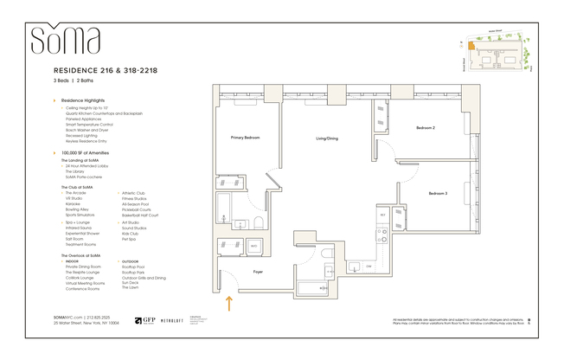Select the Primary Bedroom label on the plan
point(246,138)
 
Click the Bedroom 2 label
point(425,127)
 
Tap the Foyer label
point(258,271)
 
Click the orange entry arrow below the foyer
point(229,302)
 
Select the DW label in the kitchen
point(368,266)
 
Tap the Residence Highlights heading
point(83,101)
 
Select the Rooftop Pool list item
point(133,267)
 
